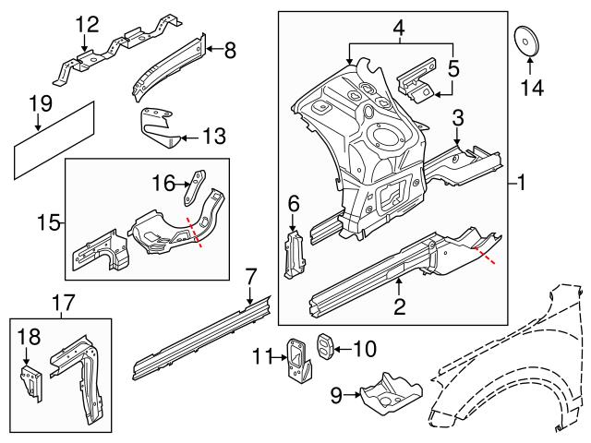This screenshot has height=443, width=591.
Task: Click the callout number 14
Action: click(533, 89)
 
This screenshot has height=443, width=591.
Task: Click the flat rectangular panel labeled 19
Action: click(54, 139)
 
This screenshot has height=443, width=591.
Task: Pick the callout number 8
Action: click(229, 51)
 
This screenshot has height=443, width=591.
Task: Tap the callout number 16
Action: click(163, 184)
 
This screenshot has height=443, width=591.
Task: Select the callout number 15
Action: click(51, 221)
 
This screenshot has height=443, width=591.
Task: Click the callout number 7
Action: click(250, 274)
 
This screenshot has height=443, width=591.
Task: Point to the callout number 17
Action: click(61, 301)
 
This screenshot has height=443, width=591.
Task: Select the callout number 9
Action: click(339, 397)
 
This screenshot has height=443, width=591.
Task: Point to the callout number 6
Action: click(294, 203)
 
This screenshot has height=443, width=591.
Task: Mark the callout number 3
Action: click(456, 117)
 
